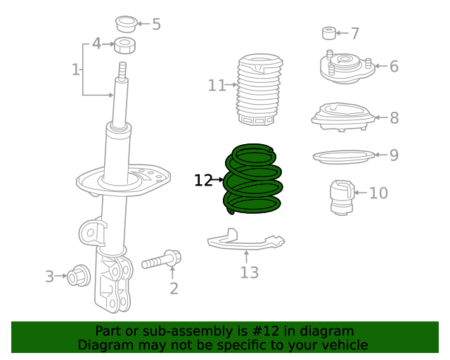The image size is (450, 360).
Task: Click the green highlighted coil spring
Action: [253, 179]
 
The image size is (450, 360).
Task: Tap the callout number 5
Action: [156, 25]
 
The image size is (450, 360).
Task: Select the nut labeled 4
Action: [125, 46]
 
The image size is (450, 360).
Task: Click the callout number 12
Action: [203, 181]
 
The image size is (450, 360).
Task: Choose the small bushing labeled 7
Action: [328, 33]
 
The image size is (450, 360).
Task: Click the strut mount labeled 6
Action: [345, 67]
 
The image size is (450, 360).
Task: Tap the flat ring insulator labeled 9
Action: [342, 155]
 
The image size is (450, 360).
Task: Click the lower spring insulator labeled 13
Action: [246, 242]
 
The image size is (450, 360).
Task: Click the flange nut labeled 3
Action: [78, 276]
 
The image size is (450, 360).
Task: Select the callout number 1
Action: [75, 69]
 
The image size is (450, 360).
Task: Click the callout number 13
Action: [249, 273]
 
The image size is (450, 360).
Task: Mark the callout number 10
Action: [378, 193]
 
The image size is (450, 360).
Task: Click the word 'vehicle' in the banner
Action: [342, 345]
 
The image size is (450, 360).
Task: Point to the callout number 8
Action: [394, 118]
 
